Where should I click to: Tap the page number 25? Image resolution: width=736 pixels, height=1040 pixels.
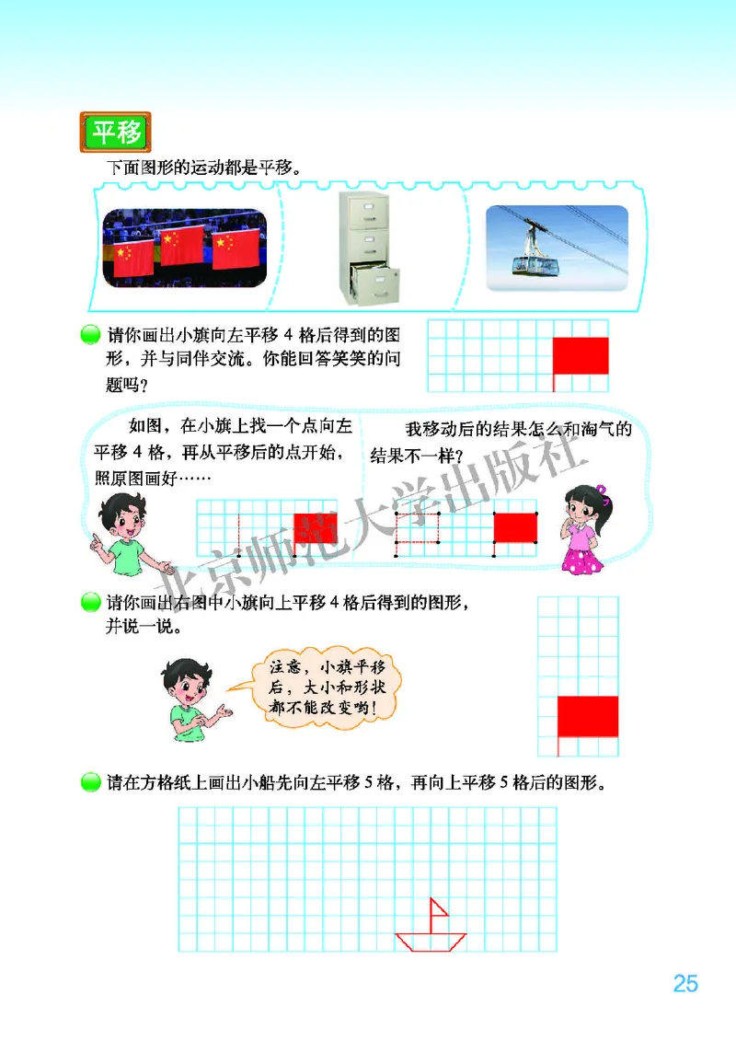point(685,984)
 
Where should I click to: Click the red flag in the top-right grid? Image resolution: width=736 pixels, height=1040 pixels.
point(581,355)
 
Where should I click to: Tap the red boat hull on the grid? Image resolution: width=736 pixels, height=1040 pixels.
point(431,941)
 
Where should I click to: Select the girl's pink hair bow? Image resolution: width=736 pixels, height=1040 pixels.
point(602,491)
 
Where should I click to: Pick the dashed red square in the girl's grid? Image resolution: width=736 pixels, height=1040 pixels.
point(418,528)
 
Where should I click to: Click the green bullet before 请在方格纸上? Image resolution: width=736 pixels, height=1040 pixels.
point(89,782)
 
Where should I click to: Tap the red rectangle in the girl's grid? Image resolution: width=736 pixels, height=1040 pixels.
point(515,527)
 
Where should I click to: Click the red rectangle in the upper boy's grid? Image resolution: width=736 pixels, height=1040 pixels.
point(316,528)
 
